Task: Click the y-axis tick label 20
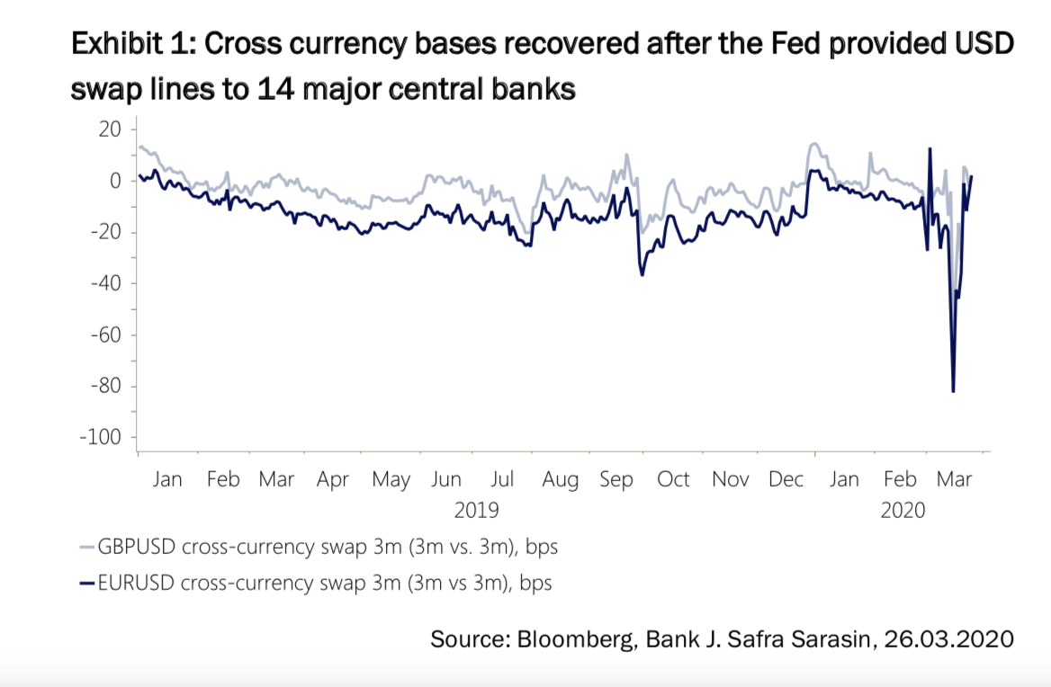(109, 129)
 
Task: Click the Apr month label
(333, 480)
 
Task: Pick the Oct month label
(674, 480)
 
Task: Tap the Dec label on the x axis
(786, 480)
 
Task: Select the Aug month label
(560, 480)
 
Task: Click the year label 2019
(476, 510)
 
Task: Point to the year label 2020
(903, 510)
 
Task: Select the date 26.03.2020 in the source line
(949, 639)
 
